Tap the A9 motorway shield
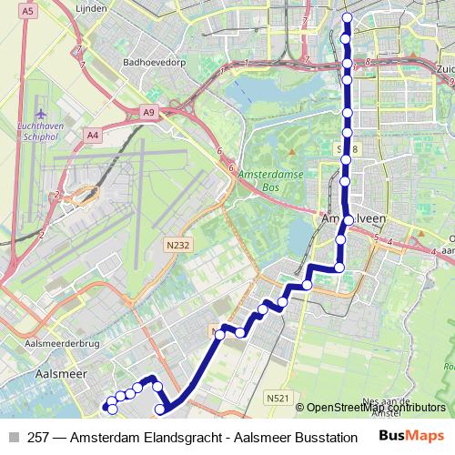149,111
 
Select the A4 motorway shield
92,135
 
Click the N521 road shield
278,398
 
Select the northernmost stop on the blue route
346,17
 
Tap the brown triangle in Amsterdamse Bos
291,152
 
